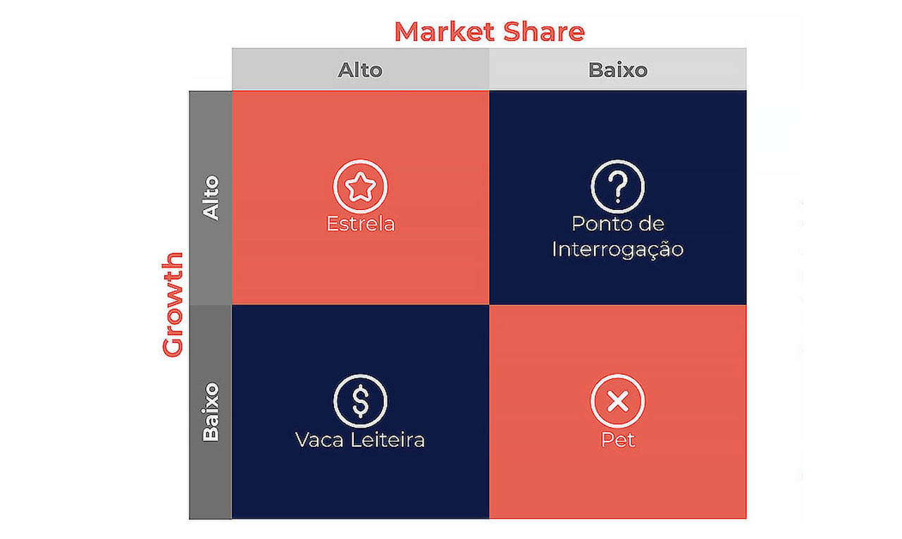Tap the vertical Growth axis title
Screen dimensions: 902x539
(173, 304)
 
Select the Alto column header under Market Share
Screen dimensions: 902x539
(360, 70)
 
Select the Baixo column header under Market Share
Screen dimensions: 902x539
(618, 70)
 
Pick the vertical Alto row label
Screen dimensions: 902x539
(211, 198)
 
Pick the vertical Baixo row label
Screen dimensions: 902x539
(211, 411)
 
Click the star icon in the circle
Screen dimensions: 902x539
(360, 187)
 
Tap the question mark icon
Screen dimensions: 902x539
(618, 187)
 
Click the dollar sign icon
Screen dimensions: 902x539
(360, 401)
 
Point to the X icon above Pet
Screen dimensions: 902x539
(618, 401)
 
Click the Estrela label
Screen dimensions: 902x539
(360, 224)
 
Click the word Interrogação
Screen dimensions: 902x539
(618, 249)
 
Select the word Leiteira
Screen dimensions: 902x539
(388, 440)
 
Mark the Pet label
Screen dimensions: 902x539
(618, 440)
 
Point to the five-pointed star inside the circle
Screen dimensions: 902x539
(360, 187)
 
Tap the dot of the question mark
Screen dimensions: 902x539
(618, 200)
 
